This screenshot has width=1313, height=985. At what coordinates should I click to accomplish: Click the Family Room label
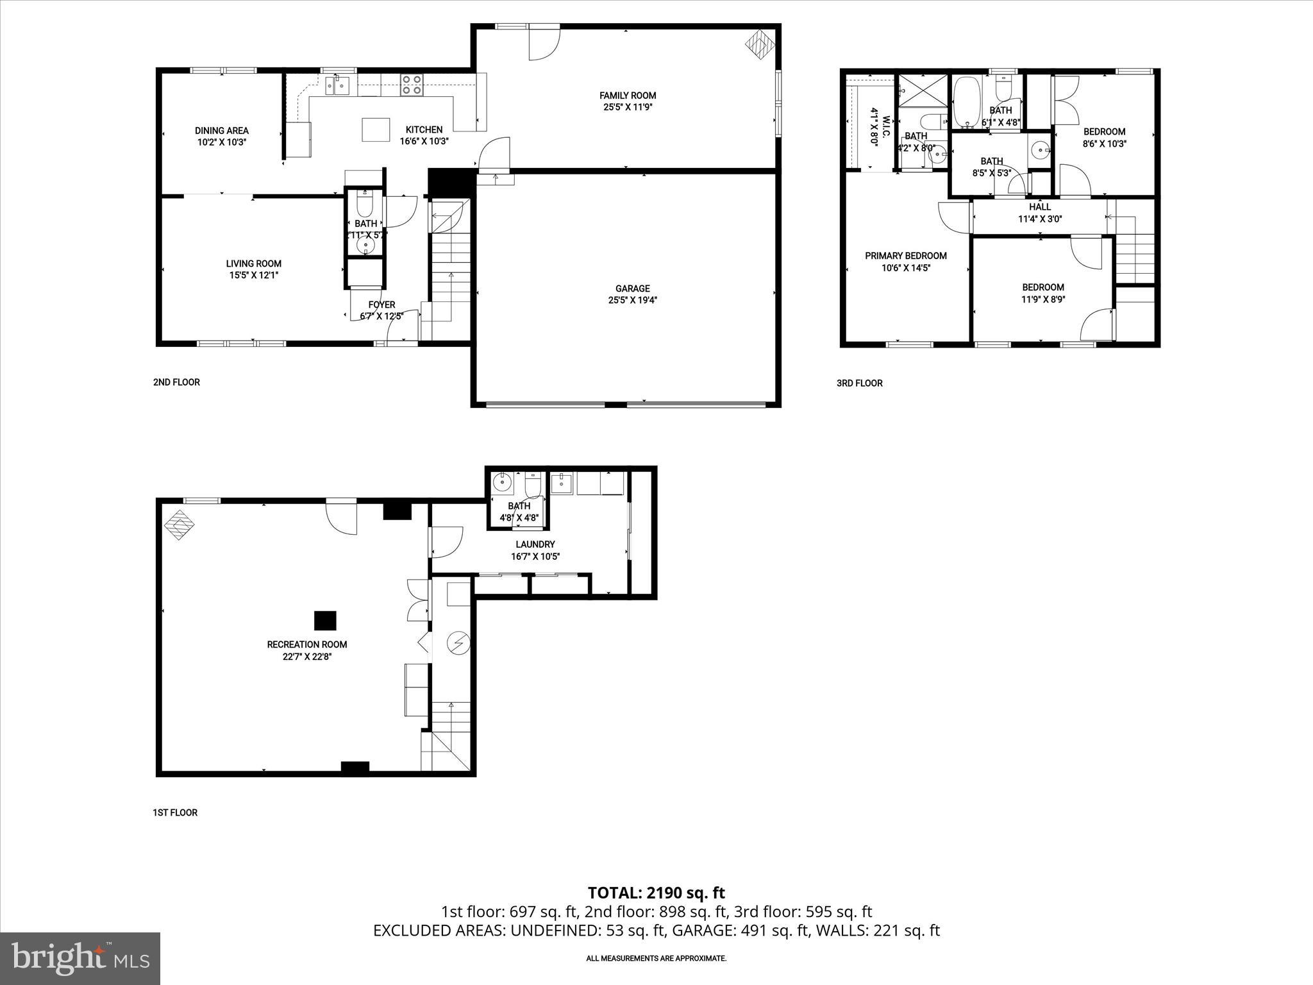pos(628,96)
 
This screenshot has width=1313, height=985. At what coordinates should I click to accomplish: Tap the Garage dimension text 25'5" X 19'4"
pos(632,300)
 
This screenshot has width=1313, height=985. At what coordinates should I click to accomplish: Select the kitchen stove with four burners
pos(412,85)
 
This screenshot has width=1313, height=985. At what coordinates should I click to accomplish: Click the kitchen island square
pos(376,129)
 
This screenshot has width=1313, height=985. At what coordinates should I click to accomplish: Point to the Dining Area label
pos(222,131)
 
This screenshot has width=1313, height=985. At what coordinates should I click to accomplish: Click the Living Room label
pos(253,264)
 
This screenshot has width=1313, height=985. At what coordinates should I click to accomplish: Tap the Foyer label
pos(381,305)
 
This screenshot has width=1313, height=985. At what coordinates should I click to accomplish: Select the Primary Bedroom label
pos(905,256)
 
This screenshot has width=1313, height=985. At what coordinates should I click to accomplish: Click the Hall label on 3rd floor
pos(1040,207)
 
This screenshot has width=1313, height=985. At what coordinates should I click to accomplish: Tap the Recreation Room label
pos(307,644)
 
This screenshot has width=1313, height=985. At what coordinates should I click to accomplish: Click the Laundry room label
pos(535,544)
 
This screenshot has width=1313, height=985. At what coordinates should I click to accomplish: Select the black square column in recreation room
pos(325,620)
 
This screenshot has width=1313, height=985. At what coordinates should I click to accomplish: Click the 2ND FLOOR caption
pos(176,382)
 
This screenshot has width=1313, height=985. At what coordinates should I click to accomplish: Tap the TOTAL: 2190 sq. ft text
pos(656,893)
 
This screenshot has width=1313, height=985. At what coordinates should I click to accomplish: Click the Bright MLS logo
pos(80,958)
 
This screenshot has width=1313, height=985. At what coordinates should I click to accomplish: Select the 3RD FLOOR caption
pos(859,383)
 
